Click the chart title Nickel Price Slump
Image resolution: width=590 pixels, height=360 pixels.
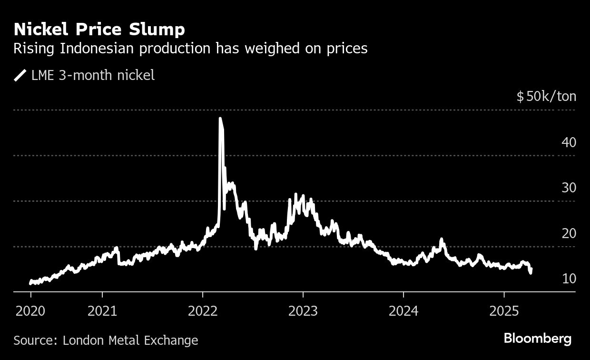point(99,30)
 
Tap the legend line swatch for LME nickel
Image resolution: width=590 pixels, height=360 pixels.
point(20,76)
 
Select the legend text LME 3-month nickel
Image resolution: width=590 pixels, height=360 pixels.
point(93,76)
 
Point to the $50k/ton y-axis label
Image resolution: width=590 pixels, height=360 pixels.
point(546,97)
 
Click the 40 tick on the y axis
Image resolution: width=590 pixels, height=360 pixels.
point(569,142)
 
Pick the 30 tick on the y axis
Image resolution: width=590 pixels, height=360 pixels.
point(569,188)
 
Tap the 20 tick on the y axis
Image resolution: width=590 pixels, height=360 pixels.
point(569,233)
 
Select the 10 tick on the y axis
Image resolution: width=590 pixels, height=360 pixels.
point(569,279)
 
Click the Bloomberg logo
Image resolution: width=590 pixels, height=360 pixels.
point(538,339)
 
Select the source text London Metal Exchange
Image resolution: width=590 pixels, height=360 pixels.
point(130,340)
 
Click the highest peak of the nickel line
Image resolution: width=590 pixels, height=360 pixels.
point(220,119)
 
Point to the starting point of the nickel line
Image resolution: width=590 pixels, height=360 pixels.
point(30,283)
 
